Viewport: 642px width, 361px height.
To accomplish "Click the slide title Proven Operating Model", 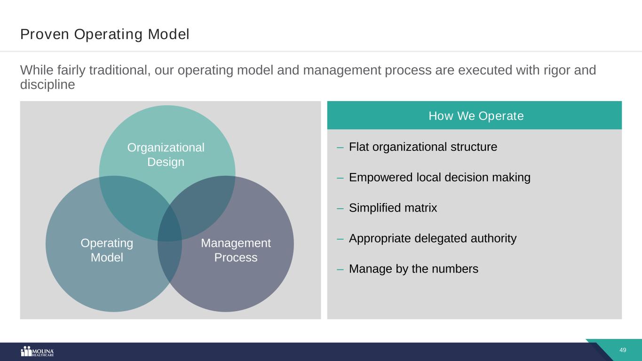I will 104,34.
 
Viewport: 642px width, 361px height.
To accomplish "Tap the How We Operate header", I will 476,116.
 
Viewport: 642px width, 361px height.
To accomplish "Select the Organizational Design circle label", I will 166,155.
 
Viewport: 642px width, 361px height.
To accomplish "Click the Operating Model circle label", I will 107,250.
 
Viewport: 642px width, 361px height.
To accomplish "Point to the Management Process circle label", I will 236,250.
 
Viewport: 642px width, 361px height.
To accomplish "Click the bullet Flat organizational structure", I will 423,147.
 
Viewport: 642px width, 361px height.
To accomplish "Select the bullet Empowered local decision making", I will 439,178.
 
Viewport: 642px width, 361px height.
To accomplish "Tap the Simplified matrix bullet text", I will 393,208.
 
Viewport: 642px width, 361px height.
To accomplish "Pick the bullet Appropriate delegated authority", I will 432,238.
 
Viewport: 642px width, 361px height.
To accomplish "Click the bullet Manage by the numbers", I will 413,269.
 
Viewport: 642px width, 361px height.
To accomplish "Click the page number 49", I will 623,350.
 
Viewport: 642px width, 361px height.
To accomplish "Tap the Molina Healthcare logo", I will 38,351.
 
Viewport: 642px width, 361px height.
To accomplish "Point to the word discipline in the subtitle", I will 48,85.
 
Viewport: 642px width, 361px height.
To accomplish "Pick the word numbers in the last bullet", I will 456,269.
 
